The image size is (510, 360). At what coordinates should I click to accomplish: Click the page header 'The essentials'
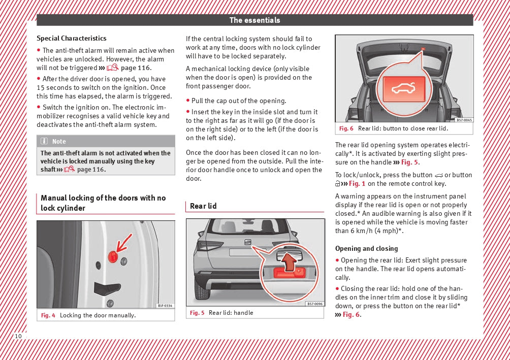point(254,20)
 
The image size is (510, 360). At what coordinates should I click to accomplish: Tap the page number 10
point(18,336)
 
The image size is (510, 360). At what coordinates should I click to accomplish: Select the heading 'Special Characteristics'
point(72,39)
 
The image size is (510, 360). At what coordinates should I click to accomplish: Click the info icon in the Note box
point(44,141)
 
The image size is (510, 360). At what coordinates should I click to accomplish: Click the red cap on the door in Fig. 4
point(113,257)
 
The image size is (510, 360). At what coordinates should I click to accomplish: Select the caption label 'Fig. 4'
point(48,315)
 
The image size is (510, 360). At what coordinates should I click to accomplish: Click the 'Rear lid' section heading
point(203,206)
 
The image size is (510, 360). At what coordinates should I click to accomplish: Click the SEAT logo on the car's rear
point(248,242)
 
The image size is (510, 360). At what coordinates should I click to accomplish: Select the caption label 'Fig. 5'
point(197,312)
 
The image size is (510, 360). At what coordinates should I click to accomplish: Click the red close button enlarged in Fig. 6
point(404,89)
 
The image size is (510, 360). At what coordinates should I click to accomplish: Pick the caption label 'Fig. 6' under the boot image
point(346,128)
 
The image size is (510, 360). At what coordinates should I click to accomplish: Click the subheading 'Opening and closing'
point(367,248)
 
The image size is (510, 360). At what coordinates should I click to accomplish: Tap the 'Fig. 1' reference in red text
point(357,183)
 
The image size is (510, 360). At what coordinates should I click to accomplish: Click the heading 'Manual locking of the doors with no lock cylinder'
point(103,203)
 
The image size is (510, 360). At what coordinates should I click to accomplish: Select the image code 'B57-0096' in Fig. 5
point(315,304)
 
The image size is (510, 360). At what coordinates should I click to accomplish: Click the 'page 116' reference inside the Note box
point(91,170)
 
